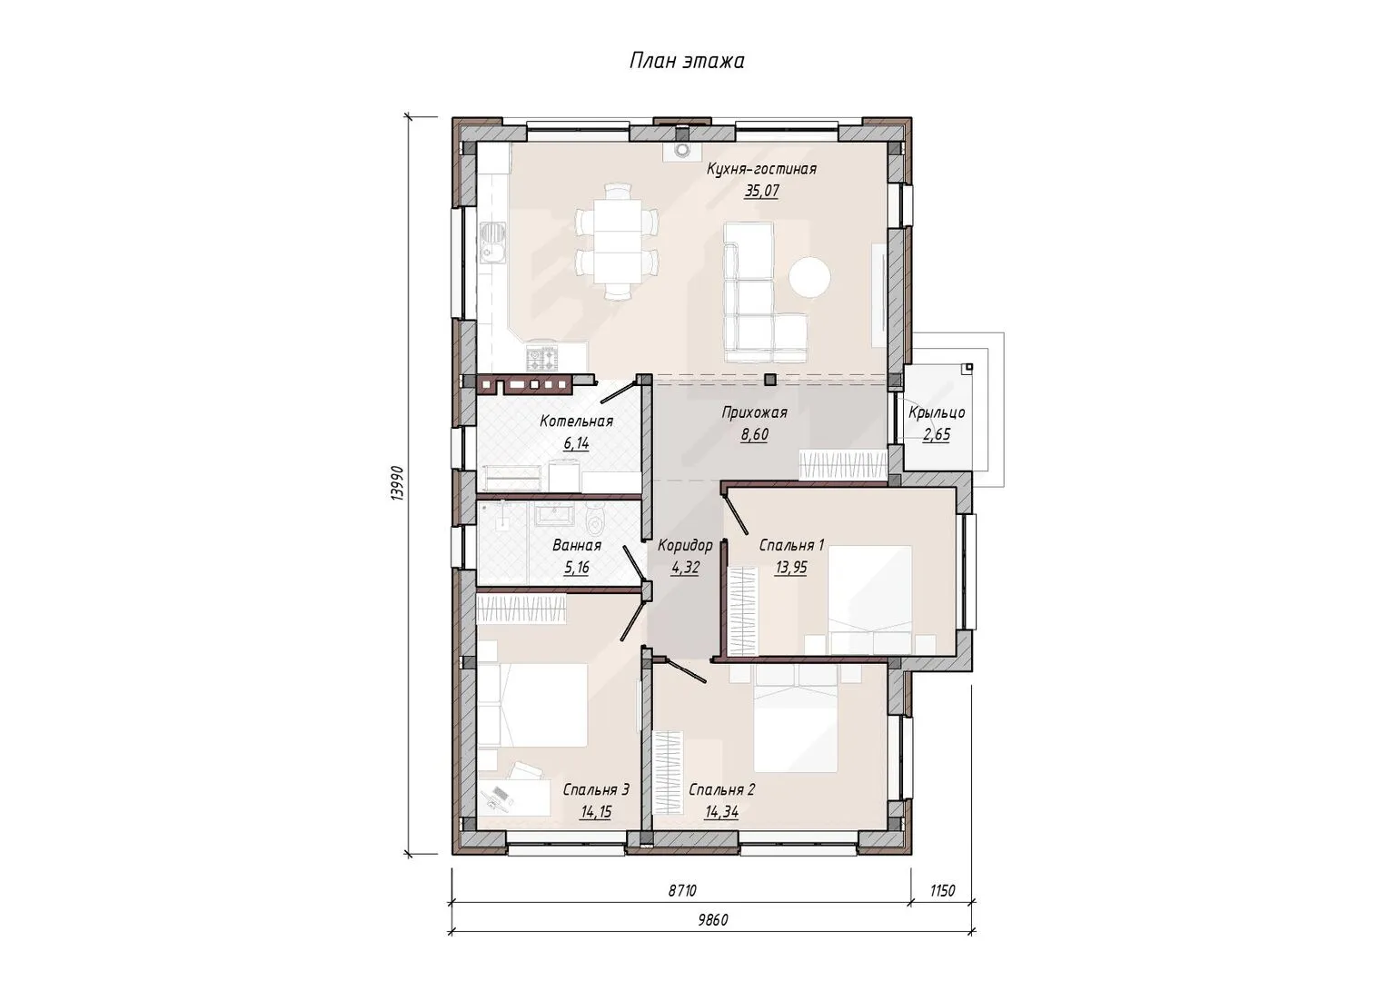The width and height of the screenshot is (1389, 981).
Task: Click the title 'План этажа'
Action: click(687, 62)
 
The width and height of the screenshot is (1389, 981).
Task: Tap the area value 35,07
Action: click(761, 191)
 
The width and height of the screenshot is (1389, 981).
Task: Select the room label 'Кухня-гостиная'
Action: click(761, 169)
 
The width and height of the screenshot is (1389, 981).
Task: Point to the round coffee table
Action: click(809, 277)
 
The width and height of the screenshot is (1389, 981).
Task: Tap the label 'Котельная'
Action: click(576, 421)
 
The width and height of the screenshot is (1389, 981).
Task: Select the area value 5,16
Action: click(576, 568)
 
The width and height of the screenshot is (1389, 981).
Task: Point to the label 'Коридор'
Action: click(685, 546)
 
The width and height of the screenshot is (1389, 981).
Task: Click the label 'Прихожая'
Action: click(754, 413)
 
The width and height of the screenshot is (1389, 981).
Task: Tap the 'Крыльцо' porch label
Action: click(937, 413)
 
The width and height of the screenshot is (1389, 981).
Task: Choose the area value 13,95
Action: click(791, 568)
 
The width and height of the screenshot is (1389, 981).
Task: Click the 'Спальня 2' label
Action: click(722, 790)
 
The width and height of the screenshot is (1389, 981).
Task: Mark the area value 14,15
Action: click(596, 812)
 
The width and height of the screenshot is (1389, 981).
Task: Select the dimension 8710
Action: click(682, 891)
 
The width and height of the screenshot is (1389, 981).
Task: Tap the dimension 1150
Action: click(943, 891)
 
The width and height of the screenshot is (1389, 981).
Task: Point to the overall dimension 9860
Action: click(712, 920)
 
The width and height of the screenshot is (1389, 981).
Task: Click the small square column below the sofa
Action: click(770, 380)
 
